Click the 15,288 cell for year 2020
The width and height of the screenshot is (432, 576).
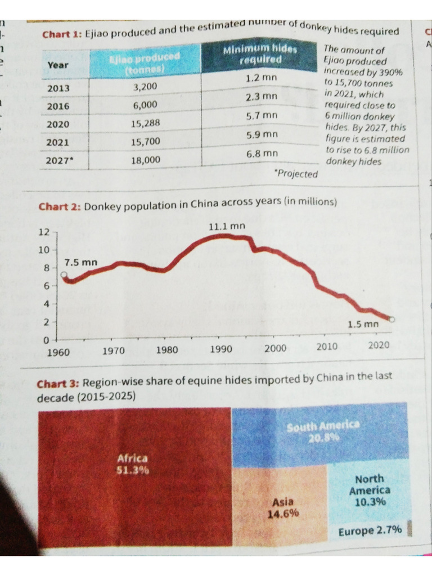[x=146, y=124]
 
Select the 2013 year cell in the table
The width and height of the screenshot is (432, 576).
[x=58, y=88]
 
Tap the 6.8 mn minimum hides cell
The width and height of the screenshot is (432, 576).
[x=262, y=153]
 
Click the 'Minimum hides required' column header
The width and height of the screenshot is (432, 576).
[x=260, y=54]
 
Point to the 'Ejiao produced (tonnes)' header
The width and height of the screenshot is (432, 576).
[x=145, y=61]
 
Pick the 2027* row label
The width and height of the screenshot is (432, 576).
[x=60, y=160]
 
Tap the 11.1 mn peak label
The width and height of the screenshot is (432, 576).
[x=227, y=226]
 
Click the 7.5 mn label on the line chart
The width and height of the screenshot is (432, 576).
[x=80, y=263]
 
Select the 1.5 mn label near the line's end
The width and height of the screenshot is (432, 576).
[x=363, y=325]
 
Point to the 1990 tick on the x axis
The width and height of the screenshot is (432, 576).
[x=221, y=349]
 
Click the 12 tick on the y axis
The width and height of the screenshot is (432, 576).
[x=44, y=232]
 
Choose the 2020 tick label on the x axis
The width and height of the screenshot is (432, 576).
[x=378, y=345]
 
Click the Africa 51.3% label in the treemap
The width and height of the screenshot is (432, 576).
[x=132, y=464]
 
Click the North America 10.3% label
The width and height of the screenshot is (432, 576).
[x=370, y=490]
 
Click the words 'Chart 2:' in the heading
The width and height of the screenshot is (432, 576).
[x=60, y=206]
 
